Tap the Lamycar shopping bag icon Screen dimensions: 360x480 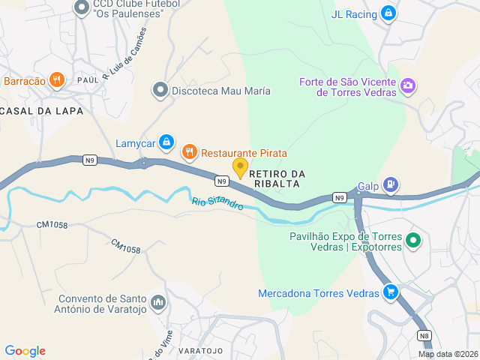point(166,142)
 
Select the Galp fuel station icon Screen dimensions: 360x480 point(390,184)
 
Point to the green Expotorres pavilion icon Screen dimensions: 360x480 point(412,241)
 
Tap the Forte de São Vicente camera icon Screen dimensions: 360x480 point(408,85)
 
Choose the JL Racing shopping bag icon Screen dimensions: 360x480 point(388,13)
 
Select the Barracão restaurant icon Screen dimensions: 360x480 point(57,80)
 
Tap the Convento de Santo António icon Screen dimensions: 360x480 point(157,302)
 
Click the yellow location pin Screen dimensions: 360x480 point(240,167)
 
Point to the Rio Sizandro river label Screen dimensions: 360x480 point(217,202)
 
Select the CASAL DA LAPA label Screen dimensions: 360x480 point(41,110)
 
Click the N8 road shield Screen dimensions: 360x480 point(424,336)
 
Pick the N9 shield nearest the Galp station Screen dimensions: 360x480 point(340,198)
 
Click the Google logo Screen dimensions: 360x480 point(25,351)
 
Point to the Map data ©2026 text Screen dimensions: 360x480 point(447,354)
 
